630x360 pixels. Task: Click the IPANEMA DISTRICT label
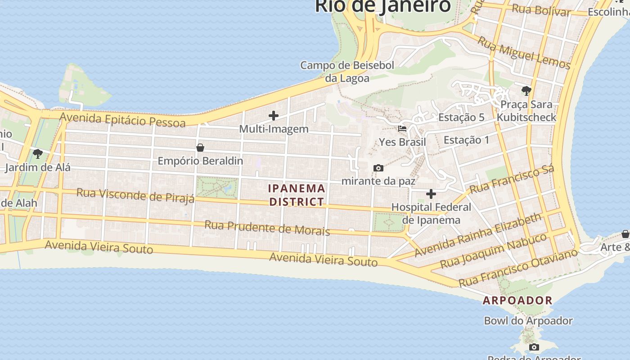pos(297,195)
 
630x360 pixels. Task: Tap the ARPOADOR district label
pos(517,300)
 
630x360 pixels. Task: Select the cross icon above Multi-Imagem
pos(273,116)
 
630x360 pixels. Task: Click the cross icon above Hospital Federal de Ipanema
pos(431,194)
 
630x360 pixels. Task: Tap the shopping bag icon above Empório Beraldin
pos(200,148)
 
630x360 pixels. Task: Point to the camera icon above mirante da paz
pos(378,168)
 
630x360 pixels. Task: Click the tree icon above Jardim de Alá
pos(38,154)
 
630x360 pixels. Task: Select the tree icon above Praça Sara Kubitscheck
pos(526,91)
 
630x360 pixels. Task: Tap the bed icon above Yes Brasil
pos(402,129)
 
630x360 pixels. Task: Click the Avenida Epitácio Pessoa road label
pos(122,120)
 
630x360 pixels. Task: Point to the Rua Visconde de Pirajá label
pos(135,196)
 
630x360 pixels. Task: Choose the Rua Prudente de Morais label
pos(267,228)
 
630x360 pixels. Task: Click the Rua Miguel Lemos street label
pos(524,53)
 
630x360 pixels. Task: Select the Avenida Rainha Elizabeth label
pos(478,235)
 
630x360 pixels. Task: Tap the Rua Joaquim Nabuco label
pos(493,250)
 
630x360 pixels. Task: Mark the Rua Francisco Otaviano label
pos(518,267)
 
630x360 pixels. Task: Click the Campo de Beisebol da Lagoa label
pos(347,72)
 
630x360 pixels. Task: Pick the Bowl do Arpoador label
pos(528,321)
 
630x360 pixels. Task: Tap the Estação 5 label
pos(461,117)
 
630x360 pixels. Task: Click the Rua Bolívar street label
pos(541,10)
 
